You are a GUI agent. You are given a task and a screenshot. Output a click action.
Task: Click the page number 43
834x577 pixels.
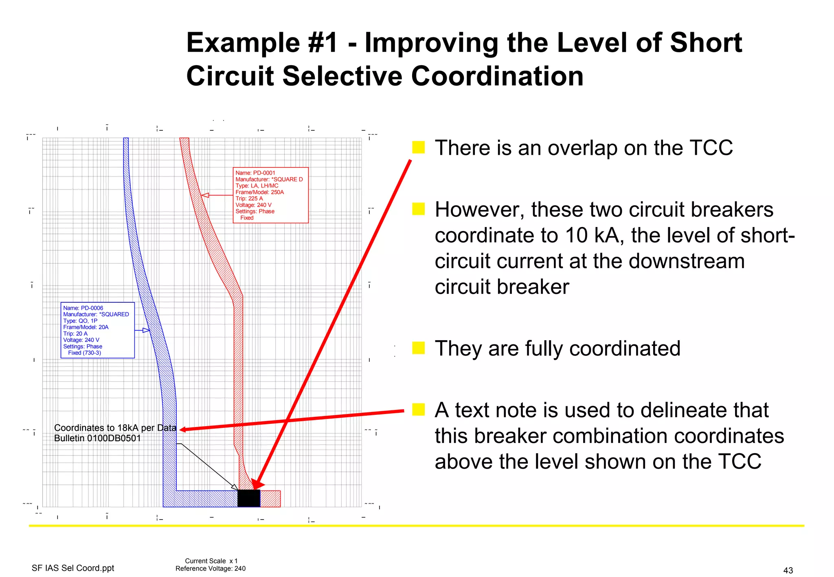tap(788, 570)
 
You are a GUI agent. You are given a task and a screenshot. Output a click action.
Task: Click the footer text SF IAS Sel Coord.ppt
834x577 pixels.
tap(73, 568)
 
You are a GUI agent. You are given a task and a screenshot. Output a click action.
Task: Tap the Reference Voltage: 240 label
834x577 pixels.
tap(211, 568)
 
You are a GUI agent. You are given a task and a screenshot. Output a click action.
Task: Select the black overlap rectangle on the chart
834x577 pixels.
tap(249, 498)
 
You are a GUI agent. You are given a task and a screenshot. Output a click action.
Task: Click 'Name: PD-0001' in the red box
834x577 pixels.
tap(255, 173)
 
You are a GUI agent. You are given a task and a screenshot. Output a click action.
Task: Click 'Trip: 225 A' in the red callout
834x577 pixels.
tap(249, 198)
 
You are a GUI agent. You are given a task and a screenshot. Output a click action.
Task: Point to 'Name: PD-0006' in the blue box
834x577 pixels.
tap(83, 308)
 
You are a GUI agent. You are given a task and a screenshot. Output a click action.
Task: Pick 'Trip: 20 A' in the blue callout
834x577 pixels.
tap(75, 333)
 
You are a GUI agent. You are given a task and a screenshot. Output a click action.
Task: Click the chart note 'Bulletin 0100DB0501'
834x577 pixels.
tap(97, 438)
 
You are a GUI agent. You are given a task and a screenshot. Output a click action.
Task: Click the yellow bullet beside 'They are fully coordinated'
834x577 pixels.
tap(418, 348)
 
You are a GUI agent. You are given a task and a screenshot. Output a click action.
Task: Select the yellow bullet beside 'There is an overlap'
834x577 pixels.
tap(418, 147)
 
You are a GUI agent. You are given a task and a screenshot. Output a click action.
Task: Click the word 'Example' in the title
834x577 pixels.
tap(243, 43)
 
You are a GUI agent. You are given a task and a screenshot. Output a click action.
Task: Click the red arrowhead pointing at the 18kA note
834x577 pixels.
tap(183, 429)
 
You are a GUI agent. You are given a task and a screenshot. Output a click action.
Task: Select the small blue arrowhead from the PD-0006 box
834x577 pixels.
tap(146, 330)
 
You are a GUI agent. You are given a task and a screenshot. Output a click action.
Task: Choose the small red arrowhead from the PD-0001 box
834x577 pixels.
tap(206, 195)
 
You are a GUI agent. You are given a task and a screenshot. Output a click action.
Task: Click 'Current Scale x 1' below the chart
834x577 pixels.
tap(211, 561)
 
